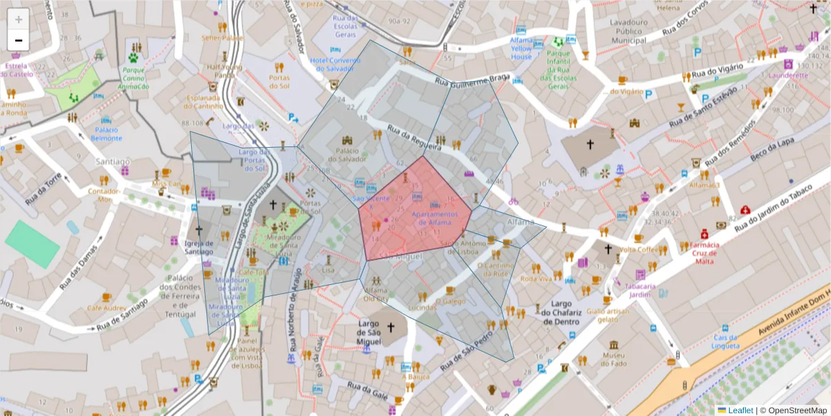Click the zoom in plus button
click(x=18, y=19)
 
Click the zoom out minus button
click(x=18, y=40)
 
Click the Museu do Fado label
click(x=614, y=359)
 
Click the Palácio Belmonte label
click(x=106, y=133)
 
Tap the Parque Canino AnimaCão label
click(x=134, y=78)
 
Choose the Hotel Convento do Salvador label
click(x=335, y=64)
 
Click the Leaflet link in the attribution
click(x=740, y=410)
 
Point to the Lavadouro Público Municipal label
click(x=628, y=31)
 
